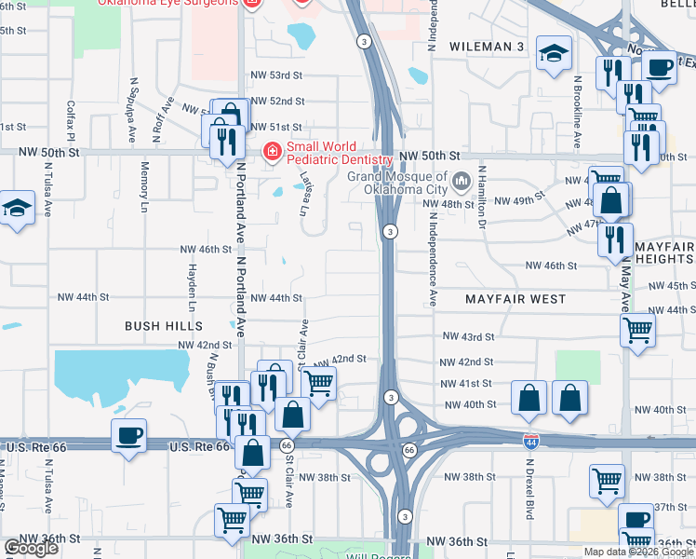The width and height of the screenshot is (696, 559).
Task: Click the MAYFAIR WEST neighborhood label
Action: pos(515,299)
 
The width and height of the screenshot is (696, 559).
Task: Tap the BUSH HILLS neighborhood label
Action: pos(164,325)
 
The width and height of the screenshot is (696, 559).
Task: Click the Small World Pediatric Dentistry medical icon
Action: pos(272,151)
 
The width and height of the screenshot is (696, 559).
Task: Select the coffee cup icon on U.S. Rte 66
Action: pos(128,435)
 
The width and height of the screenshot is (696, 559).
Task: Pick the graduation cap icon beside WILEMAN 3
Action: pos(554,54)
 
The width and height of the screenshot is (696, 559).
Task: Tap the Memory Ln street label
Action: pos(144,181)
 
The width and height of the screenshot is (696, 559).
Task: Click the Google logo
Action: pos(32,548)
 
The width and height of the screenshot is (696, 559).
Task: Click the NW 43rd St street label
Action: pos(467,335)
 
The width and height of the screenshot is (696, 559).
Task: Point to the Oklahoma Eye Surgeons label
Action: pos(167,3)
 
